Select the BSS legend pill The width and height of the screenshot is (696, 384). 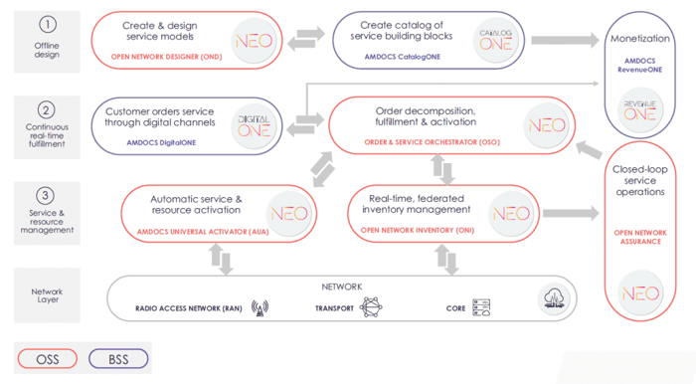(x=117, y=358)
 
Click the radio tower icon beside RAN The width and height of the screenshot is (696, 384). (x=261, y=307)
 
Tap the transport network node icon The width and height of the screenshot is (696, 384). (x=370, y=307)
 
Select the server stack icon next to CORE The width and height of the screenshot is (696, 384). (x=483, y=307)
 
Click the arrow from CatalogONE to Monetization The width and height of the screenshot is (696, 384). (x=563, y=40)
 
